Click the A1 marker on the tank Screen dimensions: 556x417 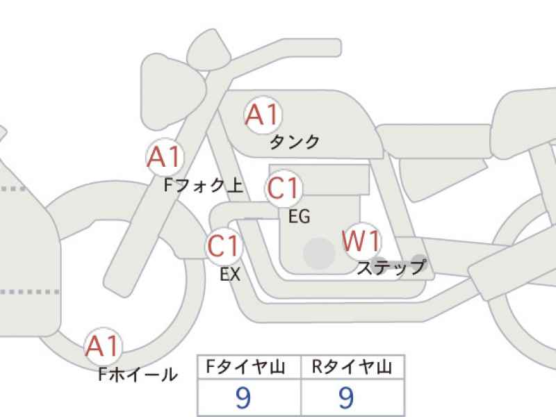point(263,115)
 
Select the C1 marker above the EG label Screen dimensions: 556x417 point(284,188)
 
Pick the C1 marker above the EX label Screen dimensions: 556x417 point(224,246)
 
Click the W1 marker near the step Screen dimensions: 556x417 point(361,241)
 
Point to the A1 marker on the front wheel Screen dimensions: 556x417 point(103,346)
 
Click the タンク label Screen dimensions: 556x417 point(295,142)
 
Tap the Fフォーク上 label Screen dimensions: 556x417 point(204,185)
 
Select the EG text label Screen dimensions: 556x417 point(300,216)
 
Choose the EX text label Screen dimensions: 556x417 point(230,274)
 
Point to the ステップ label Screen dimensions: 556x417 point(391,268)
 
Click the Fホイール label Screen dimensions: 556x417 point(138,374)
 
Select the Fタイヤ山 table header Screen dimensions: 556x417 point(246,367)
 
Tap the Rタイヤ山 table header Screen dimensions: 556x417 point(352,367)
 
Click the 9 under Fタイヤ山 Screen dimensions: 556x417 point(243,398)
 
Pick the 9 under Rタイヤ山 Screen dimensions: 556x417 point(346,398)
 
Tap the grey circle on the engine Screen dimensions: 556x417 point(319,253)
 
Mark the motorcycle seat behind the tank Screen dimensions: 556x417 point(434,142)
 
